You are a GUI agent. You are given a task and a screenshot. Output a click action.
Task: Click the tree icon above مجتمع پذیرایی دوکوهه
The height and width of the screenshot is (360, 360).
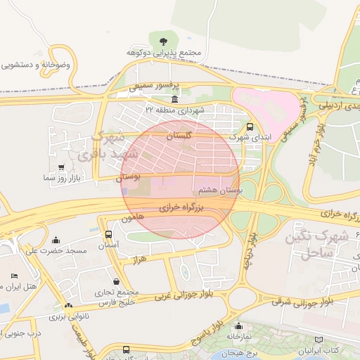click(164, 41)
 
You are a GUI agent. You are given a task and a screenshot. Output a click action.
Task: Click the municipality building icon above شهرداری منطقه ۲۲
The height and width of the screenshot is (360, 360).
click(174, 99)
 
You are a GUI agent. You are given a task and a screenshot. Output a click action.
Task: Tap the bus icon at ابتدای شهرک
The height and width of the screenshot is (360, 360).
click(250, 127)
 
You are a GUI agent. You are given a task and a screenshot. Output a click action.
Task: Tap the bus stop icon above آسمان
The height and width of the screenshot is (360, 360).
click(108, 234)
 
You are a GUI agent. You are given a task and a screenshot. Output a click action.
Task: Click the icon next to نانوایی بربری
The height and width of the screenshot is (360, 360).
click(68, 305)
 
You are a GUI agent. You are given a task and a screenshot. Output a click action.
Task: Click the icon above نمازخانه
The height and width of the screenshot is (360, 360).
click(239, 326)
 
